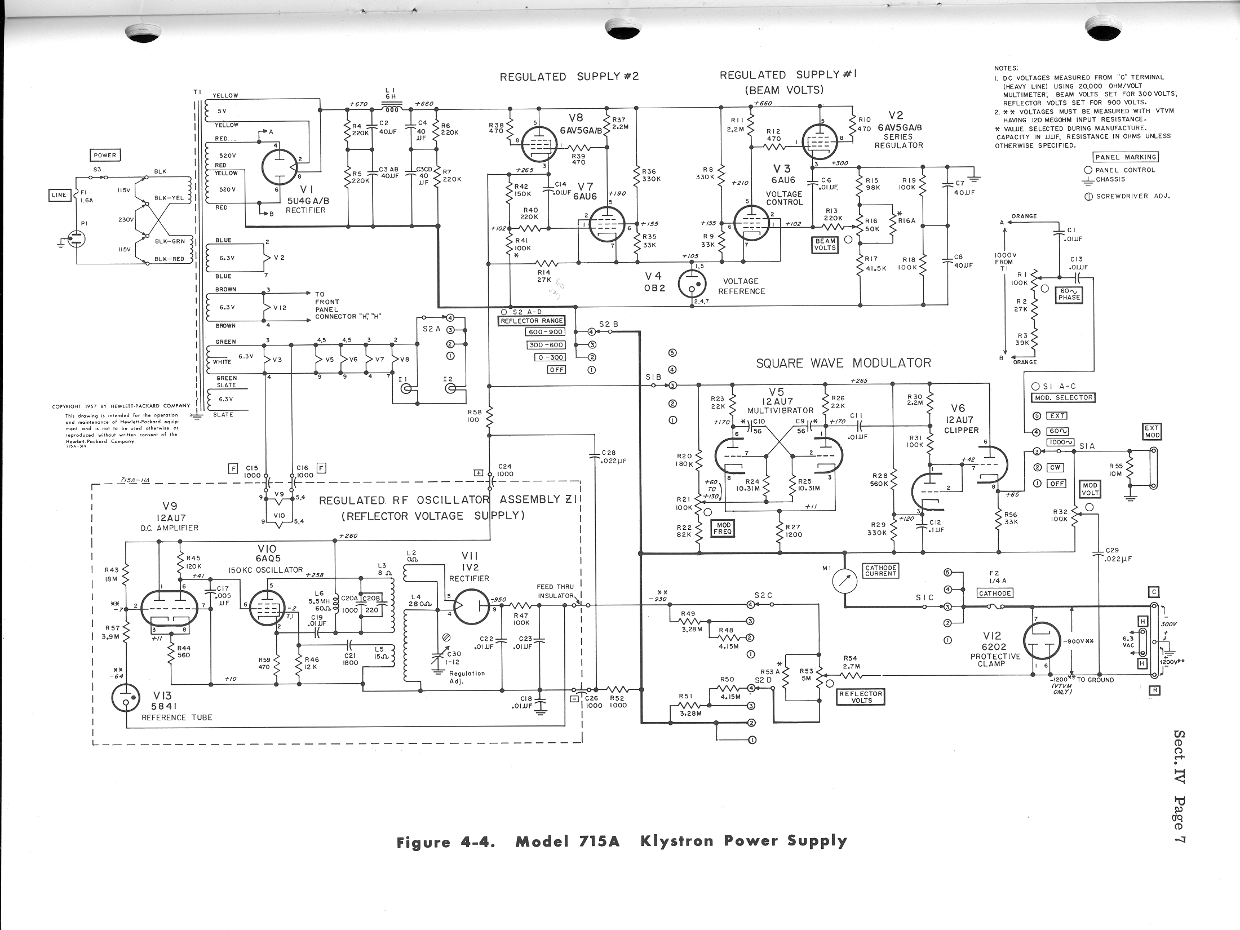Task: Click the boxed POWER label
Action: (105, 156)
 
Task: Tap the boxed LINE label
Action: (59, 195)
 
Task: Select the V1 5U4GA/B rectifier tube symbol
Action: (280, 167)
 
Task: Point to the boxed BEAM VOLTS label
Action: (825, 244)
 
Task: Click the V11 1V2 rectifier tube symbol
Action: (472, 606)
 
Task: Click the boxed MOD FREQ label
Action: (724, 528)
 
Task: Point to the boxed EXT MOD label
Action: (1152, 432)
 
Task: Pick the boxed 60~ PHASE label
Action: (1069, 294)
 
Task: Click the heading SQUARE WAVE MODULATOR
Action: (843, 363)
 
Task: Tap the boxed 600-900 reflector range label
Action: (545, 332)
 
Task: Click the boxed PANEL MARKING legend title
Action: (1125, 157)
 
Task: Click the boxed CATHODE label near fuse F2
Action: (995, 593)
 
